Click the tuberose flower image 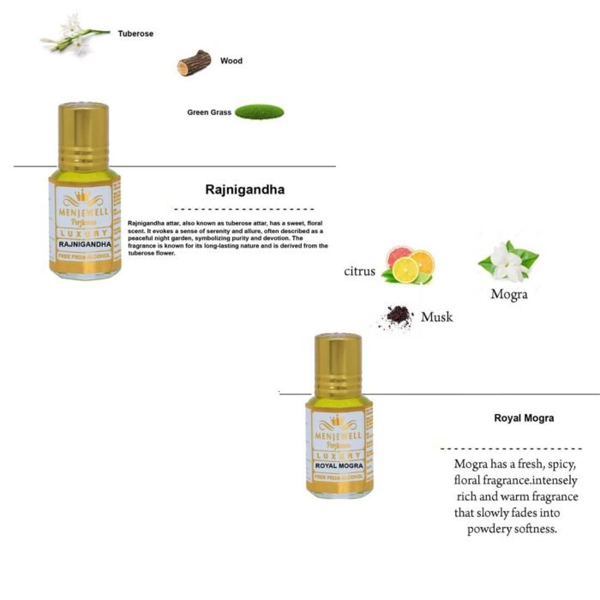coord(75,35)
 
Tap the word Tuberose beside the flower coord(135,34)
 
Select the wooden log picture coord(194,63)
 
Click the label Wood coord(231,61)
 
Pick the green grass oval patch coord(259,111)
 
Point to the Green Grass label coord(209,112)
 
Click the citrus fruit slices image coord(408,266)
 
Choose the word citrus coord(360,272)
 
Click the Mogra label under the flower coord(508,294)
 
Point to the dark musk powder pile coord(397,318)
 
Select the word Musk coord(436,317)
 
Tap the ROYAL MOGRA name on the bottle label coord(339,466)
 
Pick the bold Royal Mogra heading coord(524,418)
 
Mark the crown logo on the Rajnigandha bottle coord(83,195)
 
